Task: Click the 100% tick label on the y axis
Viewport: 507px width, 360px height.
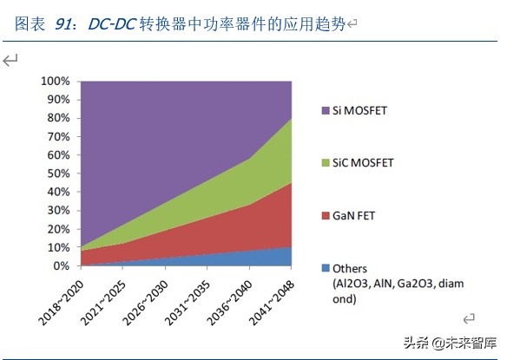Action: pos(54,81)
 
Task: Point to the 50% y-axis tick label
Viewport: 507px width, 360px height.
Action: pos(57,173)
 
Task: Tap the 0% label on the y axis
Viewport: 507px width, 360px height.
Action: pos(61,266)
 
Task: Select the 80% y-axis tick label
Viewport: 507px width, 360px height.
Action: pos(57,118)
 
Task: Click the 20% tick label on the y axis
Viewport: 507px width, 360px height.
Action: pos(57,229)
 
